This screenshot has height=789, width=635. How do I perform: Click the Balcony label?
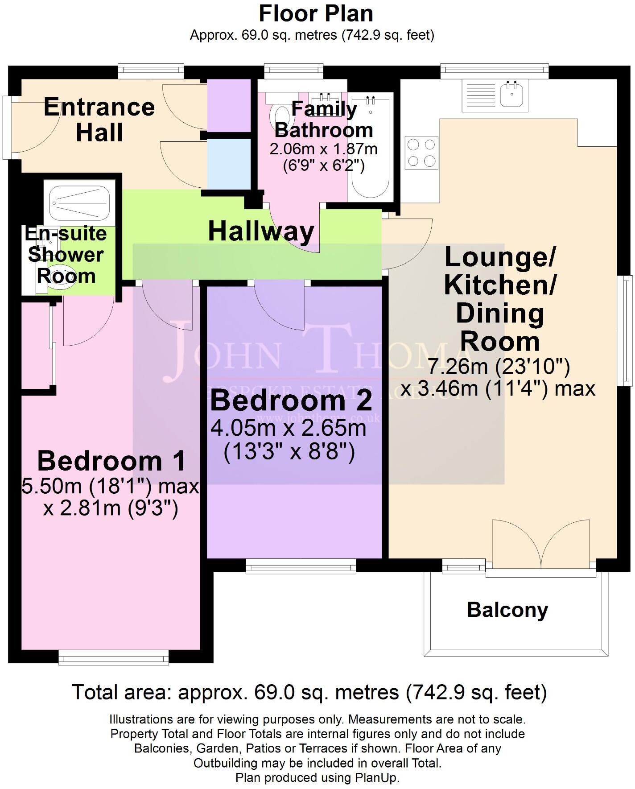tap(507, 610)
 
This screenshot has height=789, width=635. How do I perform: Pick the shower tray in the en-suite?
tap(79, 203)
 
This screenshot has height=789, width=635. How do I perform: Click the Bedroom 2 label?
tap(291, 401)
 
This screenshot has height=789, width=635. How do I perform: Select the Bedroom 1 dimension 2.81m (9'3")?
tap(111, 508)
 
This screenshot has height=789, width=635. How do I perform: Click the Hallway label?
tap(261, 232)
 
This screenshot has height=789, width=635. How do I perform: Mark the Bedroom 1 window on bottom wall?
tap(114, 658)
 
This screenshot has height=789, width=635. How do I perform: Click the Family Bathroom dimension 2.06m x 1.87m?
tap(323, 149)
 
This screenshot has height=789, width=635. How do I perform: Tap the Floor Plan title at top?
tap(316, 14)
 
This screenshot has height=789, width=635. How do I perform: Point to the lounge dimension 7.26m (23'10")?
tap(499, 367)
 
